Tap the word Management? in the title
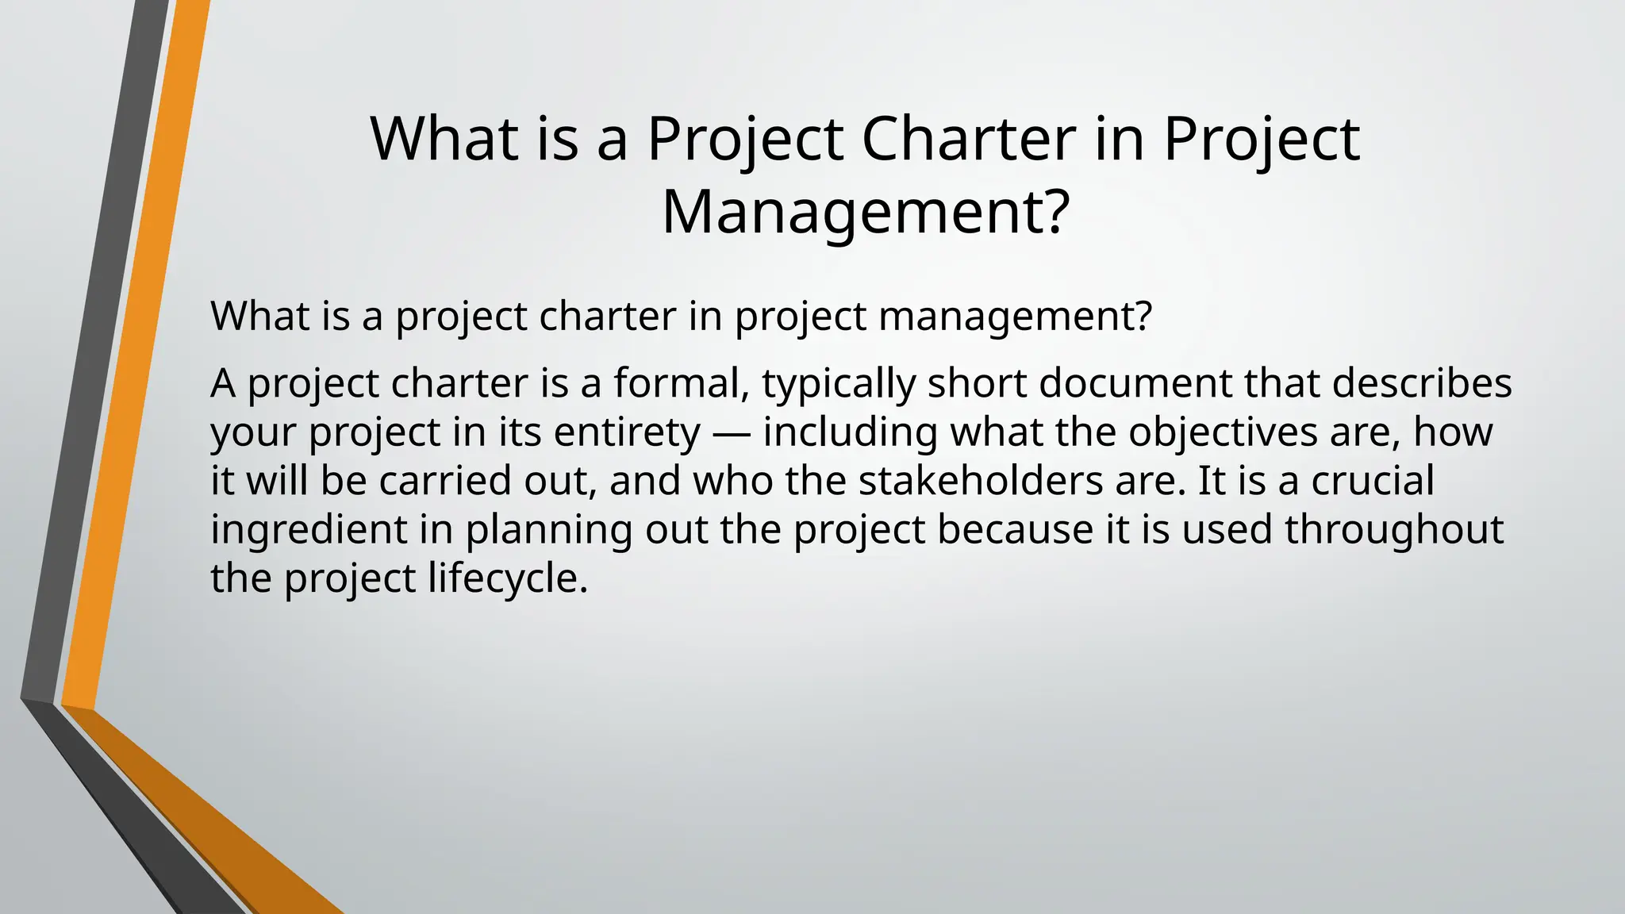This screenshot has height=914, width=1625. tap(865, 212)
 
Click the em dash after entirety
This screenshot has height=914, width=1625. tap(732, 433)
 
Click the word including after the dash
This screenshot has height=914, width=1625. tap(851, 433)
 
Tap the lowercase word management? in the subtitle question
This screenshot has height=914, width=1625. tap(1015, 317)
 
